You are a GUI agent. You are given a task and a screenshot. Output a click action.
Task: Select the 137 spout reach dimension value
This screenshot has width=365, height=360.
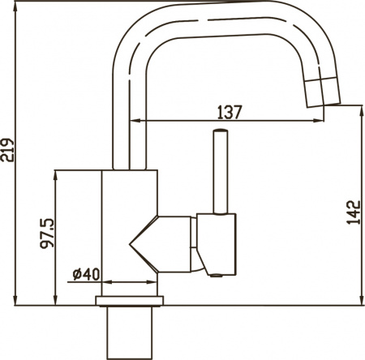[229, 113]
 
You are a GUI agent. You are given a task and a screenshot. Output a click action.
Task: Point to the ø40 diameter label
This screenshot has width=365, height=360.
[85, 273]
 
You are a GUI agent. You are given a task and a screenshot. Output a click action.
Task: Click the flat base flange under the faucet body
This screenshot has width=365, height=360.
[131, 302]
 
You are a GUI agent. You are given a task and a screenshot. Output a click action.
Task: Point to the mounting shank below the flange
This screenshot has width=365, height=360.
[131, 332]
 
